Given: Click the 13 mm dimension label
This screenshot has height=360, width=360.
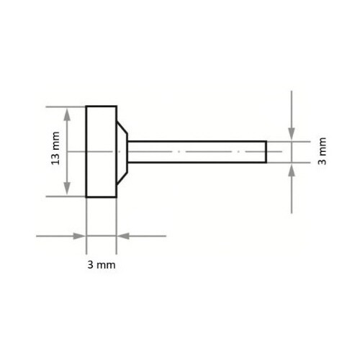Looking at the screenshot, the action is (x=55, y=148).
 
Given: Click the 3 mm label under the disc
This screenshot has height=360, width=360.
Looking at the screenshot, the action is (x=102, y=265).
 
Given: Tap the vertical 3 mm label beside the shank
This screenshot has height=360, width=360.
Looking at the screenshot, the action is (x=322, y=151).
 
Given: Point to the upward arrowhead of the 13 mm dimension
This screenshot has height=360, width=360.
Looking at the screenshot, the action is (x=67, y=114).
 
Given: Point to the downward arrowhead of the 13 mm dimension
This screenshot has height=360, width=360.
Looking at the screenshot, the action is (x=67, y=189).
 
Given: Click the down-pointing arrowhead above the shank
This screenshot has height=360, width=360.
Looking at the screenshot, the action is (x=292, y=134).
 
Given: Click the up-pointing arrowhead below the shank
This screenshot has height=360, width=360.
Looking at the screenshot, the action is (x=292, y=171).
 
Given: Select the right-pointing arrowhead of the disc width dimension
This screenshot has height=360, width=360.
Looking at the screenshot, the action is (x=79, y=236).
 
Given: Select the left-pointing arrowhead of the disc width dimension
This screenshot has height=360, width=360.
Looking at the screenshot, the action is (x=123, y=236).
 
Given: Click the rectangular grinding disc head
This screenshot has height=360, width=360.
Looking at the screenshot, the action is (x=102, y=152).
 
